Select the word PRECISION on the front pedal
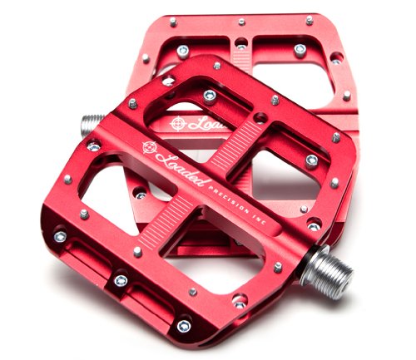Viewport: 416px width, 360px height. pyautogui.click(x=228, y=200)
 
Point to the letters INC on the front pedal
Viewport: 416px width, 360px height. pyautogui.click(x=260, y=219)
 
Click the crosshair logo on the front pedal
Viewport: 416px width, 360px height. pyautogui.click(x=150, y=148)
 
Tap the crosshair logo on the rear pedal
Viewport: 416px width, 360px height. pyautogui.click(x=177, y=124)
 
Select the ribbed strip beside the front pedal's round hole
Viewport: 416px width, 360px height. pyautogui.click(x=235, y=144)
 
